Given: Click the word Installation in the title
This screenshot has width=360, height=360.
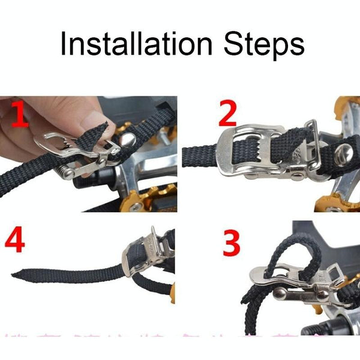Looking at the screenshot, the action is click(137, 44).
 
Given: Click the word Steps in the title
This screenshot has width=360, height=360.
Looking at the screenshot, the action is click(264, 46).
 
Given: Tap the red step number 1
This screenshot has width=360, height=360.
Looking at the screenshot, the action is click(20, 115).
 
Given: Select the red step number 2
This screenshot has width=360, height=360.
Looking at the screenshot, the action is click(228, 113).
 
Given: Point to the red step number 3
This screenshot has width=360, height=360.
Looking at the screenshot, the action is click(232, 244).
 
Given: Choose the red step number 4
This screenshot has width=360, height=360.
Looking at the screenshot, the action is click(15, 239).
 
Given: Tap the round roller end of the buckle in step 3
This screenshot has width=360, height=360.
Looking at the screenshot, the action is click(279, 293).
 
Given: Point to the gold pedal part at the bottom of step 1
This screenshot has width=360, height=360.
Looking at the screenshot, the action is click(148, 200).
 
